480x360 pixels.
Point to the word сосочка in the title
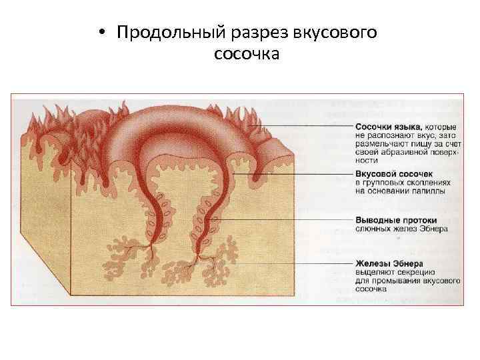click(247, 53)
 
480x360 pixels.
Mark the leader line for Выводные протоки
click(287, 219)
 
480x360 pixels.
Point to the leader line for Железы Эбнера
click(287, 263)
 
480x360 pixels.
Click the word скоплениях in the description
click(427, 183)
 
